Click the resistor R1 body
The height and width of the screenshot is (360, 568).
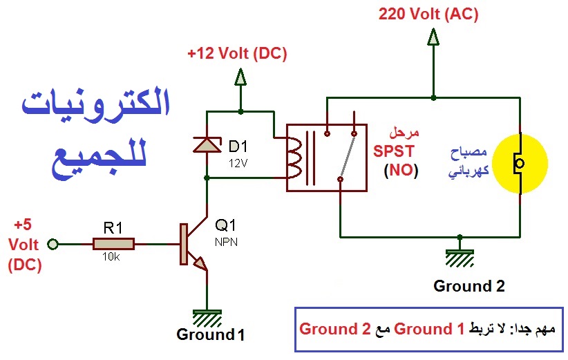(x=114, y=244)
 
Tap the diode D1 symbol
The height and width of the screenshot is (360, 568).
(x=207, y=145)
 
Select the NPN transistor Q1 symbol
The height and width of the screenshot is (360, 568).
(x=193, y=244)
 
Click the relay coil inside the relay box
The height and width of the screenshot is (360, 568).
(x=294, y=158)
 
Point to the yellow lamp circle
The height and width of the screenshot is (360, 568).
(x=521, y=163)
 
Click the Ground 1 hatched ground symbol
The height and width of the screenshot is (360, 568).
(x=207, y=317)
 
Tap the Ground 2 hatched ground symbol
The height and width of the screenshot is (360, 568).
(x=460, y=257)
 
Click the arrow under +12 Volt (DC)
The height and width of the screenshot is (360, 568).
(x=240, y=77)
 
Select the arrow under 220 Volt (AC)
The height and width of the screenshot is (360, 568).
(x=433, y=37)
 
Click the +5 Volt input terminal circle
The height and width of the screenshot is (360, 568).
(x=53, y=244)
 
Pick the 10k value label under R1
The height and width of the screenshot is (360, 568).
(x=111, y=257)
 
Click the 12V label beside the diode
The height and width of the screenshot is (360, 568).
(x=238, y=163)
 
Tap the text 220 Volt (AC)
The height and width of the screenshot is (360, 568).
(x=428, y=14)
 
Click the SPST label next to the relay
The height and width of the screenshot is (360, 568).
(x=394, y=151)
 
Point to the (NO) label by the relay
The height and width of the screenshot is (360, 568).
(x=401, y=170)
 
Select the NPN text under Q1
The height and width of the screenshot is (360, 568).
(x=226, y=242)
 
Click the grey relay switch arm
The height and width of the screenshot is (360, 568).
(x=347, y=156)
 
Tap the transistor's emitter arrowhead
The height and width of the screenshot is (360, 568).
(x=201, y=264)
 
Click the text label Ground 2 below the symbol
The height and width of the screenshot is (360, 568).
(x=469, y=286)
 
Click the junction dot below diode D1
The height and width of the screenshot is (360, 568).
(x=207, y=178)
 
